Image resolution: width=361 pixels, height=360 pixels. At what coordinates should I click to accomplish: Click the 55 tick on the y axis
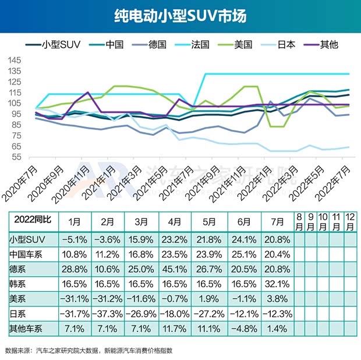[x=16, y=157]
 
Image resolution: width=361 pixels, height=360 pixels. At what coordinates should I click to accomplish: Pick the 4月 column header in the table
[x=175, y=222]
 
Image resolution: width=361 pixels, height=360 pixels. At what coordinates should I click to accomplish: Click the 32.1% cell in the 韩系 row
[x=275, y=284]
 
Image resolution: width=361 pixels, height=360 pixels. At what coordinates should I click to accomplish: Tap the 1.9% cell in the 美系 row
[x=208, y=299]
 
